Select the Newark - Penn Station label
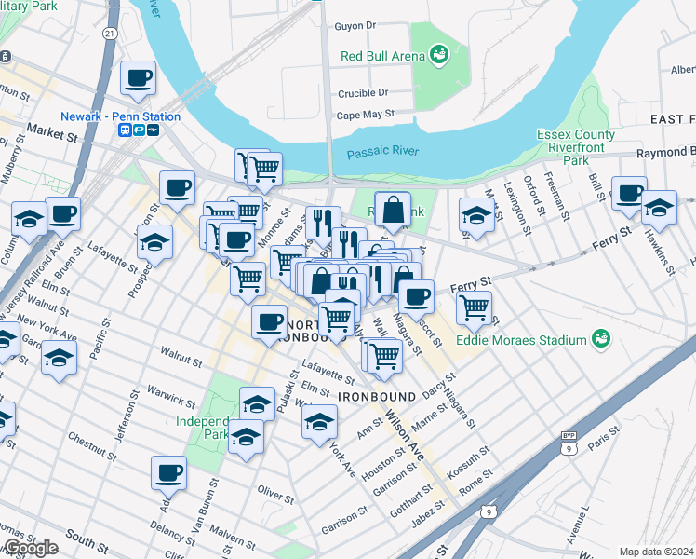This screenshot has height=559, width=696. pyautogui.click(x=120, y=116)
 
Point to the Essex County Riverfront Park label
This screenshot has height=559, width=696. pyautogui.click(x=576, y=146)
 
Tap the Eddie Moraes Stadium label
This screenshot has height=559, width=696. pyautogui.click(x=522, y=339)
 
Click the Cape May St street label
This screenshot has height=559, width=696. pyautogui.click(x=366, y=115)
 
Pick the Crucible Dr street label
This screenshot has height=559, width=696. pyautogui.click(x=363, y=93)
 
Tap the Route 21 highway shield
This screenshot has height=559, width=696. pyautogui.click(x=110, y=34)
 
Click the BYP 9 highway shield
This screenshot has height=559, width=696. pyautogui.click(x=569, y=442)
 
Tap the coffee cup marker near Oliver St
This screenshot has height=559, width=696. pyautogui.click(x=169, y=473)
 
